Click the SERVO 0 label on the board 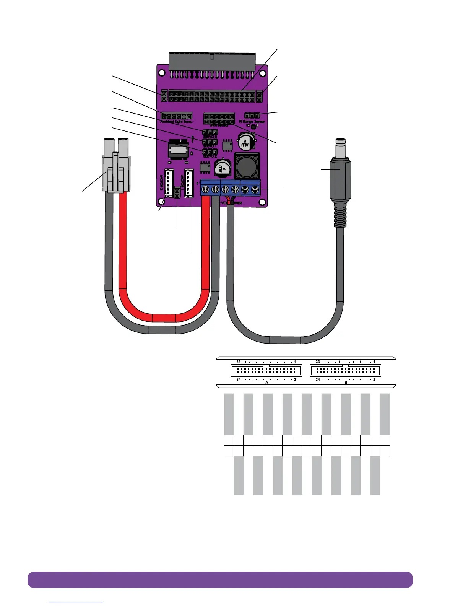(210, 137)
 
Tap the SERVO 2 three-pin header (210, 152)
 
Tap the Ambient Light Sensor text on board (176, 121)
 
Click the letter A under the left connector (267, 383)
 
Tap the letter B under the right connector (346, 383)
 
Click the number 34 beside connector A (238, 380)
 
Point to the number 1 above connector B (374, 362)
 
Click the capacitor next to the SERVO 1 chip (244, 141)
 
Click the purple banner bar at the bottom (220, 579)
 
